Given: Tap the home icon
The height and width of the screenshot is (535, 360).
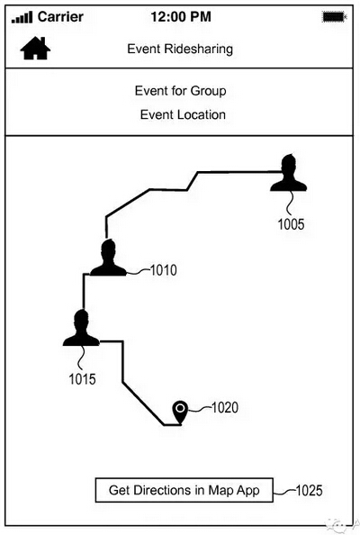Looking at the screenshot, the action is tap(35, 48).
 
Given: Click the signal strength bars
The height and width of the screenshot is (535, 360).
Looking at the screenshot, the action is tap(22, 17).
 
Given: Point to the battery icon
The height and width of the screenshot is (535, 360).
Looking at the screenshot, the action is tap(334, 17).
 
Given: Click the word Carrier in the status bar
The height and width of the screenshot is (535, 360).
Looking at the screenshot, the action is tap(60, 17).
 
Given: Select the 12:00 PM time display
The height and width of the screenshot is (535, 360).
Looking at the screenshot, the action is tap(181, 17).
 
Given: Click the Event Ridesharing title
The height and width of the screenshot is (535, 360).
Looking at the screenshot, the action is tap(180, 49).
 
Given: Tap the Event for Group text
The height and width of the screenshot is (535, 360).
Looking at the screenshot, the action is tap(180, 91).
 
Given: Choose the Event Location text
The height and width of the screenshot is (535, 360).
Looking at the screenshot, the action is tap(183, 114).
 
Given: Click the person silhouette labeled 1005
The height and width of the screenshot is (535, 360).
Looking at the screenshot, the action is tap(288, 173).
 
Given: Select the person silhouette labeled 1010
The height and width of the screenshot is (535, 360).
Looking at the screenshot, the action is tap(108, 258).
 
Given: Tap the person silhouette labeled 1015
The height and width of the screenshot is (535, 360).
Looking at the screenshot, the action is tap(81, 328).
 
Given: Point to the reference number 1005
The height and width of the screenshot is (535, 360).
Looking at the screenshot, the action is tap(291, 224).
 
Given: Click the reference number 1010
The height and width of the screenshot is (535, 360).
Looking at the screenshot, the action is tap(164, 270).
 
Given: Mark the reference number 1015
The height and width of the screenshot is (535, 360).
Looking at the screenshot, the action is tap(82, 379).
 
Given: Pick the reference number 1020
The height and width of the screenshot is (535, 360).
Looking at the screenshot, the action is tap(225, 407).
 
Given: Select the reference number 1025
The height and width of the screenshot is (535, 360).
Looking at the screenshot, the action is tap(309, 490).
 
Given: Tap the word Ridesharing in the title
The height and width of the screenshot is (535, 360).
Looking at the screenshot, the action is tap(198, 49).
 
